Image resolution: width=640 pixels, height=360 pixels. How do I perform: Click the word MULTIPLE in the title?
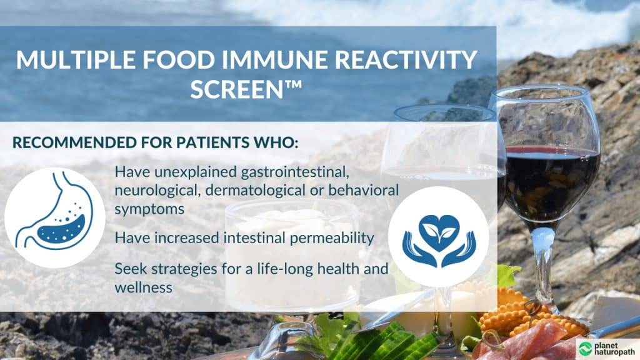[76, 60]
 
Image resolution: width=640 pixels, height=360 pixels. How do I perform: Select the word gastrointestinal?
[295, 172]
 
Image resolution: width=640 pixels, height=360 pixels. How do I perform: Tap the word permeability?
[332, 238]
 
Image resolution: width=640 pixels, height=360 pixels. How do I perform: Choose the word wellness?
[143, 287]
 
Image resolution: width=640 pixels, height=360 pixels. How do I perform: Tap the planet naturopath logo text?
[614, 349]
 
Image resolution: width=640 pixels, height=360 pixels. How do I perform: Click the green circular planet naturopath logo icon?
[585, 349]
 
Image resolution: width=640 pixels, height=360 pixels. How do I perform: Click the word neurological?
[157, 191]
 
